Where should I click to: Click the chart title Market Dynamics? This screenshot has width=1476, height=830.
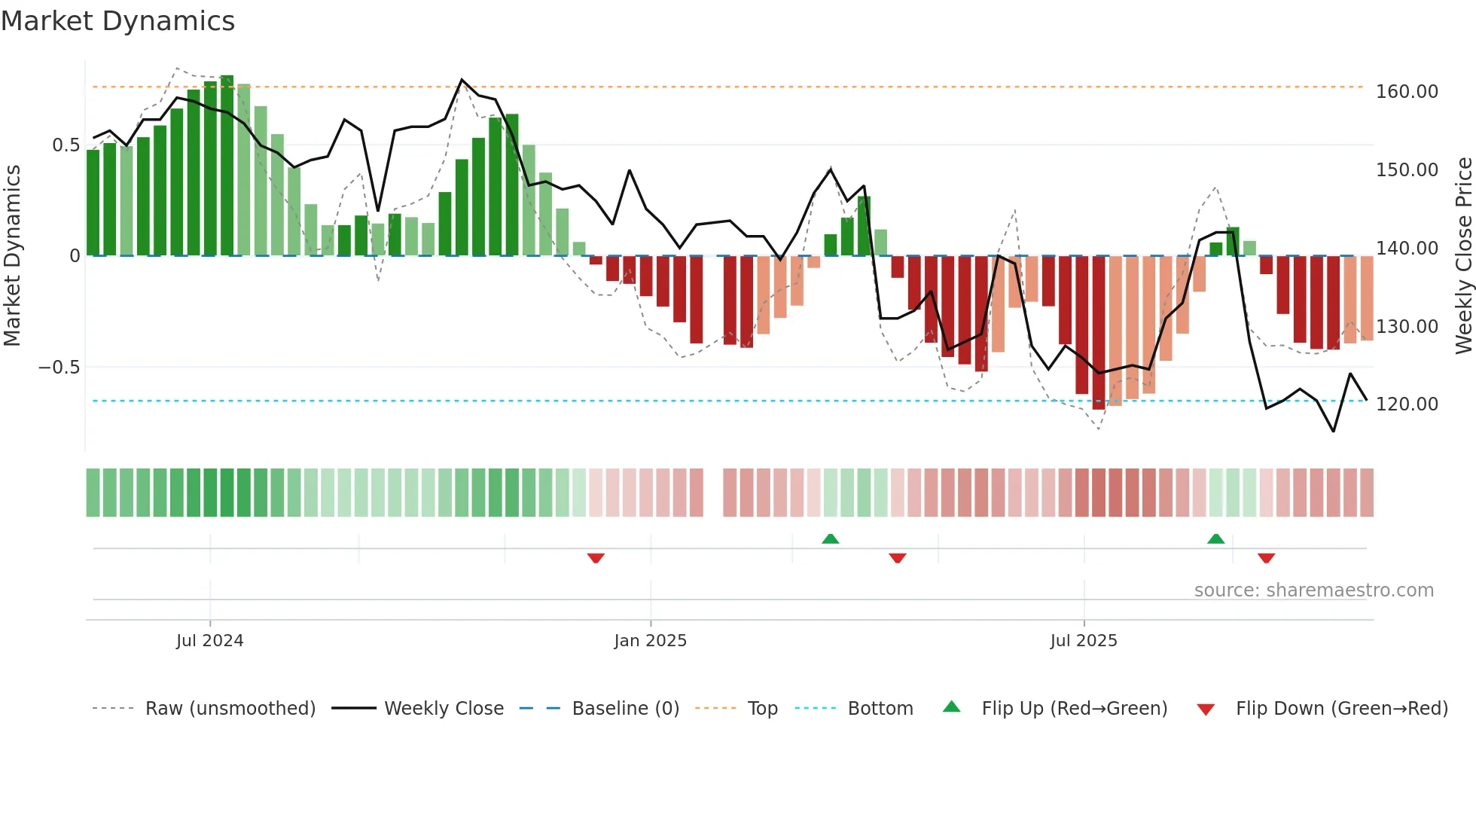118,21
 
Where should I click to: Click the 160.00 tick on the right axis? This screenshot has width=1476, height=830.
1406,92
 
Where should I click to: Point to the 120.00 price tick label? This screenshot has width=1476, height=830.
1406,404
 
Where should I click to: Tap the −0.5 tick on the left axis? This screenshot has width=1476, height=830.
59,368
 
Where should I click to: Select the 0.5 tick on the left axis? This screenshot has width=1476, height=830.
66,145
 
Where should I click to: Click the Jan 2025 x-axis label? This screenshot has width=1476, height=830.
650,641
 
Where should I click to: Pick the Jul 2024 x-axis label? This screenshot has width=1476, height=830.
209,641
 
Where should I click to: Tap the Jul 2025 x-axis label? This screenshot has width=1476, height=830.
1083,641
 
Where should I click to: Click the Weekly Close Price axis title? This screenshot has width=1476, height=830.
1463,255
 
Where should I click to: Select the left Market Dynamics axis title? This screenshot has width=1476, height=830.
12,255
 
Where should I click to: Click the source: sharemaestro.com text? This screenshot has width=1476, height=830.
1313,590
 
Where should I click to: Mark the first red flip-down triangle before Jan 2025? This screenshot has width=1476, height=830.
596,558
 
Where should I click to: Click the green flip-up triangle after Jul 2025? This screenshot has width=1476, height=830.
1215,539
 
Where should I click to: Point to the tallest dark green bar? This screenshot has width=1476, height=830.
227,166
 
